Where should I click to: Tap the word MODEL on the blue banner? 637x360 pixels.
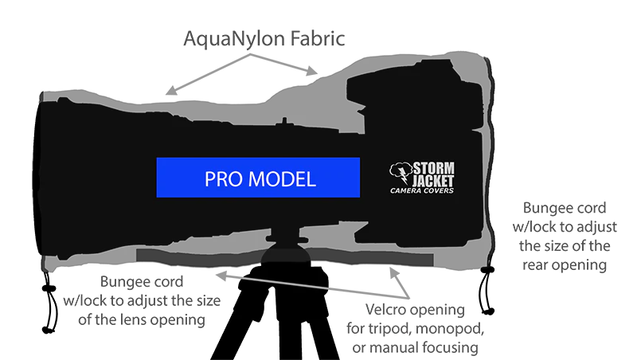tap(282, 179)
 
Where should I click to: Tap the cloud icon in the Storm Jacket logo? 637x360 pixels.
tap(400, 169)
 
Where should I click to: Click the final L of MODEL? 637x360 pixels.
tap(312, 179)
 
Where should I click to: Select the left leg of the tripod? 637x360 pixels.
tap(227, 327)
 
